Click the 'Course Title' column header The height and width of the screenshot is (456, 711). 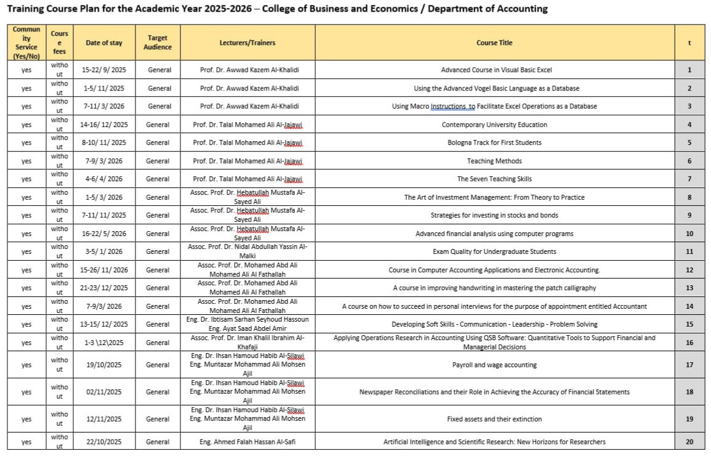coord(494,43)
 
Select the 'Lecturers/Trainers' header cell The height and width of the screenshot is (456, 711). coord(247,43)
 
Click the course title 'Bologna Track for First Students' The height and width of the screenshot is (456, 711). coord(494,142)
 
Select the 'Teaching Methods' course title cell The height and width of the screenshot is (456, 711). coord(494,161)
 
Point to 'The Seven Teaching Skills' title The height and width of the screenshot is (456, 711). coord(494,179)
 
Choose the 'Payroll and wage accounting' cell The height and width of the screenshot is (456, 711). coord(494,365)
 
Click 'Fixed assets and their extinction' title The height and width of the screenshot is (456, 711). coord(494,419)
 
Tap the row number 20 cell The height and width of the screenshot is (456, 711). coord(689,441)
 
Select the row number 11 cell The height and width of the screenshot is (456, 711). coord(689,251)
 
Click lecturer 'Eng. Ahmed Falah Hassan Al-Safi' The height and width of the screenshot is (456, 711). coord(247,441)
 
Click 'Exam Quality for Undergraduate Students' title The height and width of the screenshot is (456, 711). coord(494,251)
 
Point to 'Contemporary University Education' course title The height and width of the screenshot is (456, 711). coord(494,124)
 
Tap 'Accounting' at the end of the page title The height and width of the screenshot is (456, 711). coord(516,9)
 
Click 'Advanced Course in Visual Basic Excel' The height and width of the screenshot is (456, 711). coord(494,70)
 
